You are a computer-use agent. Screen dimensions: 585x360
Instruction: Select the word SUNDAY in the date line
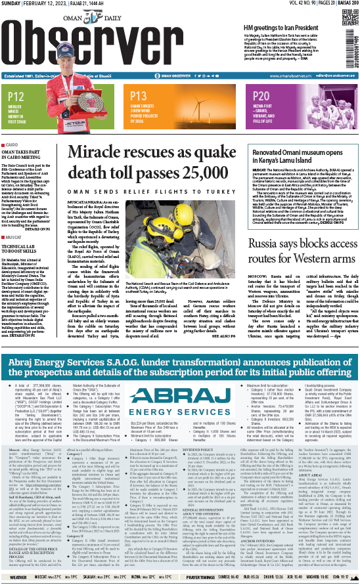tap(12, 5)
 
